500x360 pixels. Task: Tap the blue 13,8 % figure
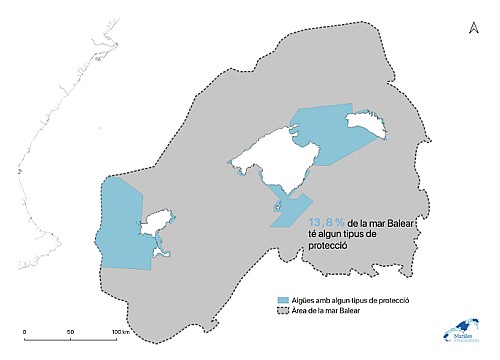(x=327, y=223)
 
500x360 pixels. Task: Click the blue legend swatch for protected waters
(x=283, y=300)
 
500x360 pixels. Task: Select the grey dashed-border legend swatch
(x=283, y=312)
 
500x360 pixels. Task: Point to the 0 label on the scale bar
(x=24, y=331)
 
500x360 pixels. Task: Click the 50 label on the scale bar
(x=70, y=331)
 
